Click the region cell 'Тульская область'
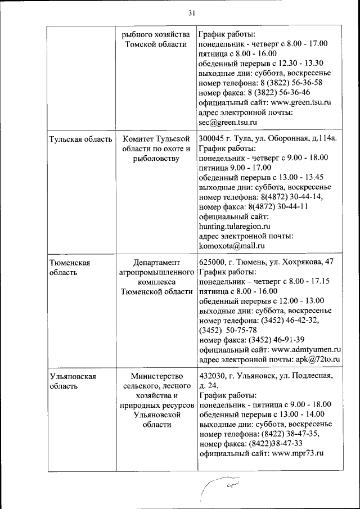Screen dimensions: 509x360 pyautogui.click(x=80, y=138)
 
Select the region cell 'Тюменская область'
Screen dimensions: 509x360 pyautogui.click(x=69, y=267)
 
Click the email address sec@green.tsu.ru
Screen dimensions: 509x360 pyautogui.click(x=228, y=122)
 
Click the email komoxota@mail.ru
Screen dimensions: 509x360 pyautogui.click(x=232, y=246)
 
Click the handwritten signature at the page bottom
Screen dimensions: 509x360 pyautogui.click(x=222, y=483)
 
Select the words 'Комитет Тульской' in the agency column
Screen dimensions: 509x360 pyautogui.click(x=155, y=138)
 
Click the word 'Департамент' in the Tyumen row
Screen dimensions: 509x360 pyautogui.click(x=156, y=262)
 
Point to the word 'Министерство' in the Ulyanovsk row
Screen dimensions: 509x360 pyautogui.click(x=156, y=377)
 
